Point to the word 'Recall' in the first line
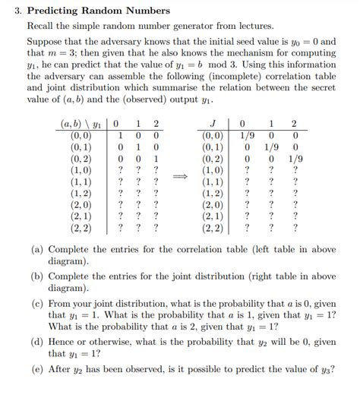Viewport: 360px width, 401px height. (x=43, y=26)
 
